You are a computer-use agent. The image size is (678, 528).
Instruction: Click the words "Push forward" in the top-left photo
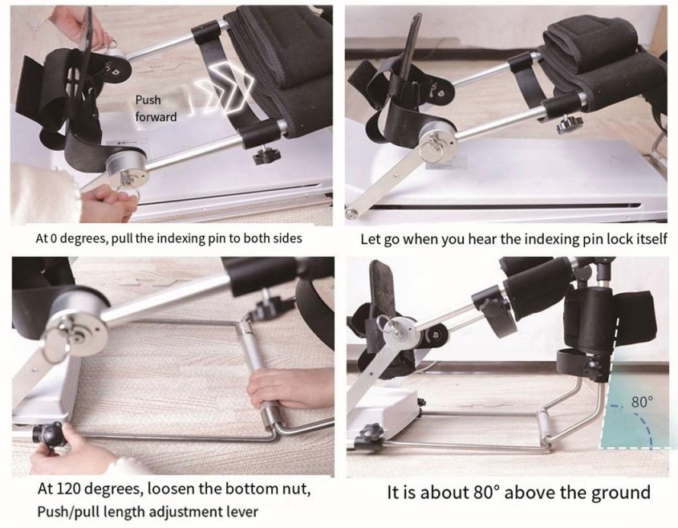click(156, 108)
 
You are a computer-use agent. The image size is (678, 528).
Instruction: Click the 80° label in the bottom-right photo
click(642, 402)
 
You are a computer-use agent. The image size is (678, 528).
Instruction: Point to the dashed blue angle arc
click(640, 421)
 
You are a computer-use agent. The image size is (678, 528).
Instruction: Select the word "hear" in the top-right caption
click(485, 239)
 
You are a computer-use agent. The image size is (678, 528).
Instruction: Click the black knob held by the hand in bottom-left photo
click(49, 435)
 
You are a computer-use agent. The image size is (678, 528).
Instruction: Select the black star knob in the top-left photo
click(264, 155)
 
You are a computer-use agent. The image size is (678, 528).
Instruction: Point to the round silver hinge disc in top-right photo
click(436, 140)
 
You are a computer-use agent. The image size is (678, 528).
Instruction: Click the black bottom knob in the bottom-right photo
click(371, 431)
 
